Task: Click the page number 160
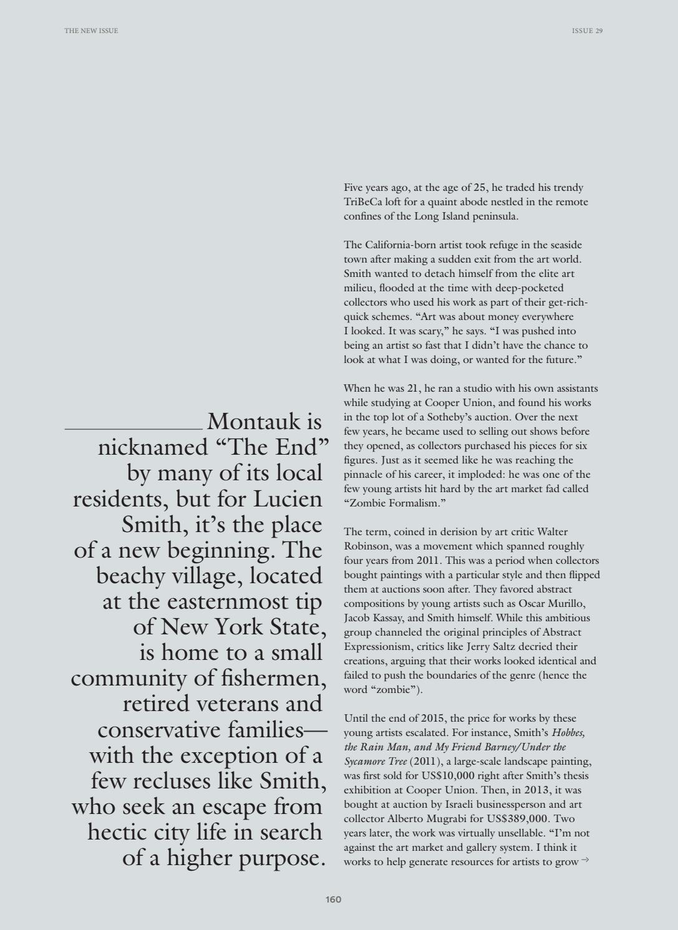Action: (333, 899)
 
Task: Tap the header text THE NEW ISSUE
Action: (91, 31)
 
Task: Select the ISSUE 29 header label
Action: (587, 31)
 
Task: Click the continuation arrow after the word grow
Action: (585, 861)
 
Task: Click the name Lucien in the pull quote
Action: (288, 499)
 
